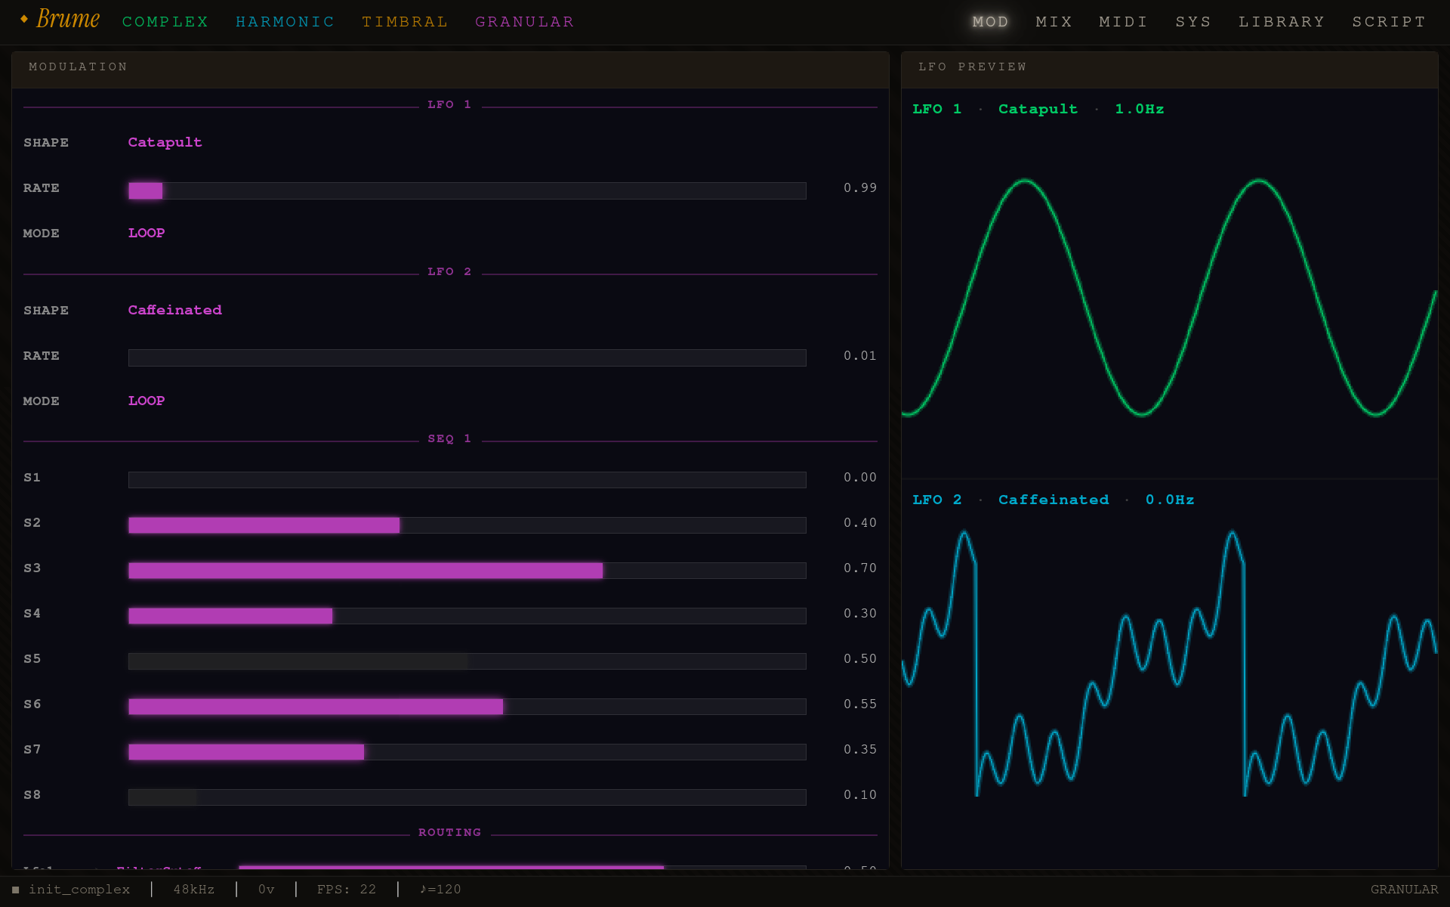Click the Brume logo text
pyautogui.click(x=67, y=20)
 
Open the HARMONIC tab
pyautogui.click(x=285, y=22)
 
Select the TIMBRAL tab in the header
pyautogui.click(x=405, y=22)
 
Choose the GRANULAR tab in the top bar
pyautogui.click(x=524, y=22)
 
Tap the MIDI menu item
pyautogui.click(x=1123, y=22)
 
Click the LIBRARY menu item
pyautogui.click(x=1282, y=22)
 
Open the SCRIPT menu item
pyautogui.click(x=1389, y=22)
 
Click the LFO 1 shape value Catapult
pyautogui.click(x=165, y=142)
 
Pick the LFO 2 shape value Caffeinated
pyautogui.click(x=174, y=310)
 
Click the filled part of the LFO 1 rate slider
pyautogui.click(x=145, y=190)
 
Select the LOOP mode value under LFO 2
pyautogui.click(x=147, y=401)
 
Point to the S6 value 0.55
pyautogui.click(x=859, y=704)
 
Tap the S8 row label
pyautogui.click(x=32, y=794)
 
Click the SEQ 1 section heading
pyautogui.click(x=449, y=438)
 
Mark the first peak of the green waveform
pyautogui.click(x=1025, y=181)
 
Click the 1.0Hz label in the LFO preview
pyautogui.click(x=1139, y=109)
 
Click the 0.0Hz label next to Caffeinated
pyautogui.click(x=1169, y=500)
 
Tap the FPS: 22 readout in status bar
pyautogui.click(x=346, y=890)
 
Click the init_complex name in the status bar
pyautogui.click(x=79, y=890)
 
